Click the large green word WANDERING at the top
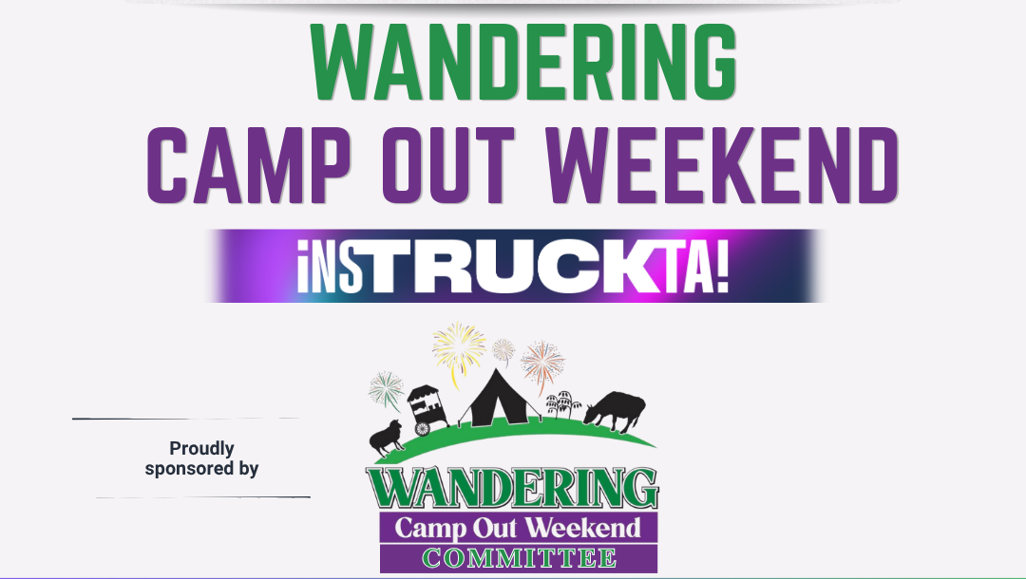(524, 62)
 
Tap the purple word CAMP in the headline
(249, 165)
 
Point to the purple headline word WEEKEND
(722, 165)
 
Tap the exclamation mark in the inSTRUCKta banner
(721, 266)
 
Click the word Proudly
(201, 449)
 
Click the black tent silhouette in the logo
(496, 399)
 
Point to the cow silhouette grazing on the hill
(615, 410)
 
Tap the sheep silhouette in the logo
(387, 437)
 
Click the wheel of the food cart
(423, 429)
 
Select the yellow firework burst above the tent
(459, 349)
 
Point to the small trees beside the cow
(563, 403)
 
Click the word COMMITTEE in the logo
(519, 559)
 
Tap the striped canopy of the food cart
(423, 392)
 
